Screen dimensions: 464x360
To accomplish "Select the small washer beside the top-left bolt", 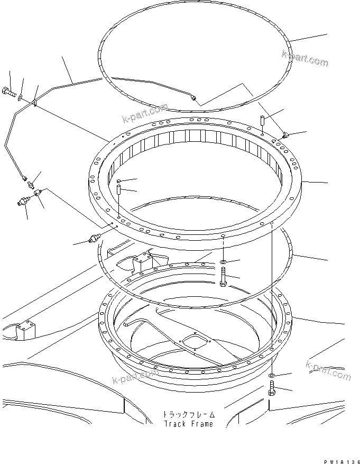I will [x=20, y=97].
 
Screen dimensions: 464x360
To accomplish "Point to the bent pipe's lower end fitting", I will [x=25, y=179].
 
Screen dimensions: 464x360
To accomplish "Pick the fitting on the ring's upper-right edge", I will [x=285, y=136].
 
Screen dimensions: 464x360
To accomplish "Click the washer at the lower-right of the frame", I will [x=272, y=376].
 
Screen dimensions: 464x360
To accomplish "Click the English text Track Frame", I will [x=188, y=424].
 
